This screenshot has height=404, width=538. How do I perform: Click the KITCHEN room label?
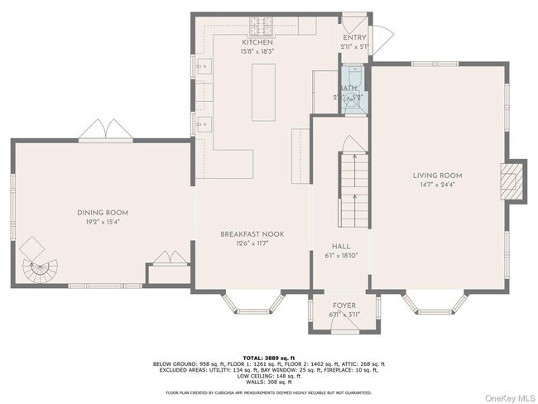click(x=257, y=42)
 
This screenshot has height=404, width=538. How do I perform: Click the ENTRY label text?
click(x=354, y=36)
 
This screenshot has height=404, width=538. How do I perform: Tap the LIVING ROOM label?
click(x=438, y=176)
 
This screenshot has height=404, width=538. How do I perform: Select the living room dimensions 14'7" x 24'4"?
click(x=438, y=185)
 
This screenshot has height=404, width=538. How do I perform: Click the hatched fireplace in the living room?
click(x=513, y=180)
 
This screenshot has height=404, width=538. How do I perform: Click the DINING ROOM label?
click(x=103, y=213)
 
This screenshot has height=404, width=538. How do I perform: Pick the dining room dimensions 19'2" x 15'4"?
click(x=103, y=222)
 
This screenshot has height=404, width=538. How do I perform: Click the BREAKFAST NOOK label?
click(x=252, y=234)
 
